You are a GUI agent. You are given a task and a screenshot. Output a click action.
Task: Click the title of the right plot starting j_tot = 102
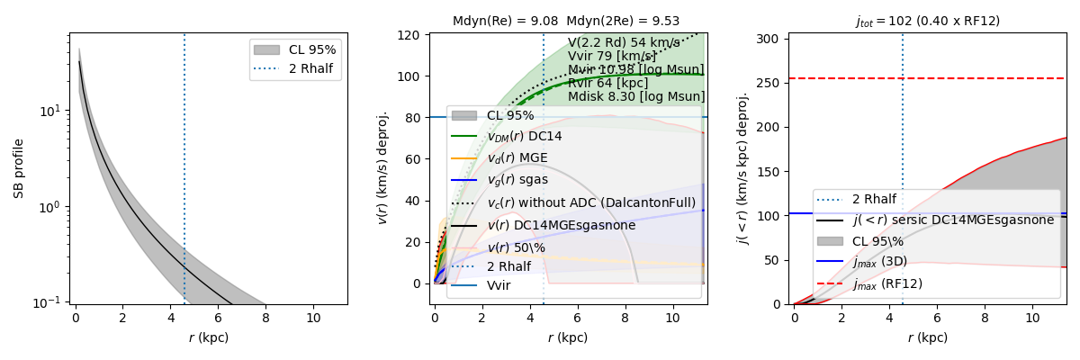pos(927,21)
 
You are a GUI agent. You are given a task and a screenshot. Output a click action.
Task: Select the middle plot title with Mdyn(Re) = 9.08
pos(566,21)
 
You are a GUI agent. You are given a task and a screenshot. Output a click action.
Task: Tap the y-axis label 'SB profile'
pos(19,167)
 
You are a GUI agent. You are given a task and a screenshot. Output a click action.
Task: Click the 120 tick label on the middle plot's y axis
pos(410,35)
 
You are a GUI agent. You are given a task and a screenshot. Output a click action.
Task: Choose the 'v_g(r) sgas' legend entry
pos(523,180)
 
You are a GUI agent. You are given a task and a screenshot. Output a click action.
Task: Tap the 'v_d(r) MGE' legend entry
pos(523,158)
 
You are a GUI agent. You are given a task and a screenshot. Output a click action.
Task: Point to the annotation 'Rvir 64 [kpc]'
pos(609,83)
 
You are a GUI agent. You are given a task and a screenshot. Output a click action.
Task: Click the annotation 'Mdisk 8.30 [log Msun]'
pos(636,97)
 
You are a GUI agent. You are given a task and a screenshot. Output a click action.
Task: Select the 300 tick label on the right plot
pos(770,39)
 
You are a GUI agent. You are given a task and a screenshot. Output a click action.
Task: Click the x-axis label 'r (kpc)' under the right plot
pos(927,337)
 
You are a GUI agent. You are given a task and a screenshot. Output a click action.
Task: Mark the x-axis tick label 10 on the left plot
pos(313,318)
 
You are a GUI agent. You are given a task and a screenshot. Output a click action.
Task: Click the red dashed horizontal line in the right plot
pos(990,78)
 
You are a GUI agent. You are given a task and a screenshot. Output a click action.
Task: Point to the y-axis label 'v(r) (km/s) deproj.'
pos(382,167)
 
